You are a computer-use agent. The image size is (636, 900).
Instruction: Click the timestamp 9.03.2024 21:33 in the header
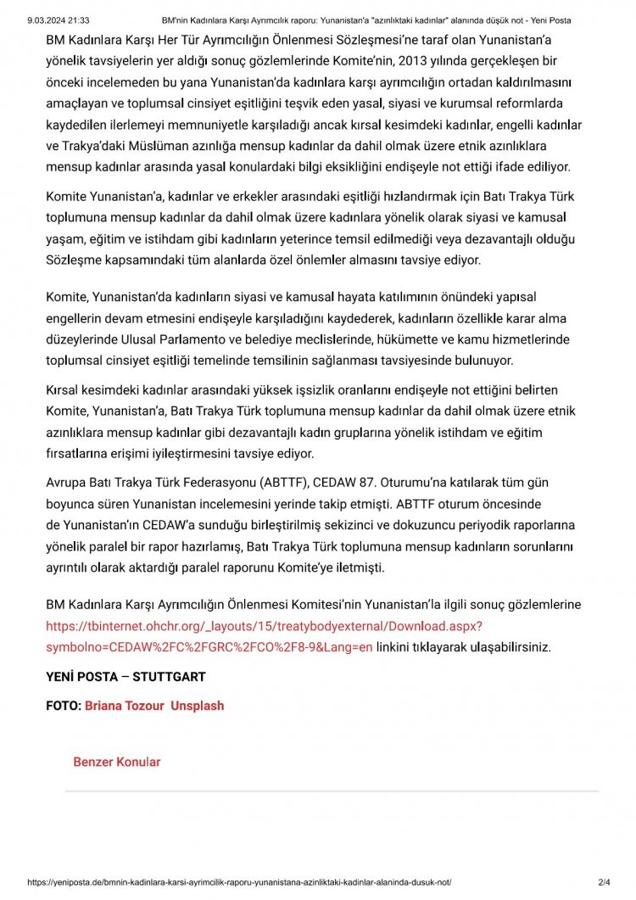(59, 20)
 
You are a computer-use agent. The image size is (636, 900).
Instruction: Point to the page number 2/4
(604, 883)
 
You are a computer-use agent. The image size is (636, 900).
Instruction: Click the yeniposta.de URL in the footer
(245, 883)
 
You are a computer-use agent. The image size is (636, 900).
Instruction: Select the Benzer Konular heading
(117, 762)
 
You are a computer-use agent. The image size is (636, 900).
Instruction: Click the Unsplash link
(198, 706)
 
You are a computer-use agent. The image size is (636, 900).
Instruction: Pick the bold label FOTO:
(64, 706)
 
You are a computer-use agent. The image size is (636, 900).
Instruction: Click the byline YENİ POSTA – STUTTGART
(126, 677)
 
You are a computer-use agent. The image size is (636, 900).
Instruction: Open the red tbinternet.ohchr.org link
(264, 626)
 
